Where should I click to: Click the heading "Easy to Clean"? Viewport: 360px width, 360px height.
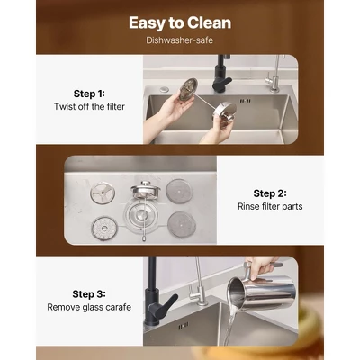pos(180,22)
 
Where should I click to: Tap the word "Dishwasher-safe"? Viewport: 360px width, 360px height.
pos(180,40)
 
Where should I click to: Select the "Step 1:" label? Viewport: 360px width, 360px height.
pos(89,94)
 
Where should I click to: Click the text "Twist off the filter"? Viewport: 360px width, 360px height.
pos(89,106)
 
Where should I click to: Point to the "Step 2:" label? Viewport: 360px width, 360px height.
pos(270,193)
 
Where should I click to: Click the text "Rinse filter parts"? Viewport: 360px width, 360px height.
pos(270,206)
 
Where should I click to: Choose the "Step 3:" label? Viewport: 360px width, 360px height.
pos(89,294)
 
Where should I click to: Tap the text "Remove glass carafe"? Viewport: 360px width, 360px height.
pos(89,307)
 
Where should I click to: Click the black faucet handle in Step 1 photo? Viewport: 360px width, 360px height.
pos(222,83)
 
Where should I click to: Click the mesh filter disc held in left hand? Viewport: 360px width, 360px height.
pos(188,89)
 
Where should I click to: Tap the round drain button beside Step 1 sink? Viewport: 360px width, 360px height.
pos(164,89)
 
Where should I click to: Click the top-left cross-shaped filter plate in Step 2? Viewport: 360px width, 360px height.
pos(103,193)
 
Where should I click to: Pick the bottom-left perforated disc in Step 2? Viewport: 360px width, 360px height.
pos(104,229)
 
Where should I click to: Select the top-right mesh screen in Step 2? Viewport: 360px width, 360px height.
pos(179,192)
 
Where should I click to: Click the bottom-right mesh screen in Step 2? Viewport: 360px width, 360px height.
pos(182,225)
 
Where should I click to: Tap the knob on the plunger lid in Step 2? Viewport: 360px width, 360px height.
pos(146,184)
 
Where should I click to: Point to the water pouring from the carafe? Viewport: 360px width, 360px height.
pos(230,324)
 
